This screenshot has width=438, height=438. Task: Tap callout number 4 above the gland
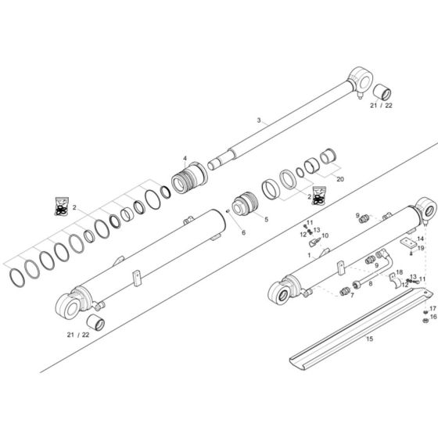coord(185,159)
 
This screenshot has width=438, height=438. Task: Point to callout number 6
coord(221,233)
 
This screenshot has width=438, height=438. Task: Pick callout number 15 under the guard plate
coord(369,339)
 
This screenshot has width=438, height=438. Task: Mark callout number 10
coord(325,235)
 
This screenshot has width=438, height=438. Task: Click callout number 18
coord(400,272)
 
